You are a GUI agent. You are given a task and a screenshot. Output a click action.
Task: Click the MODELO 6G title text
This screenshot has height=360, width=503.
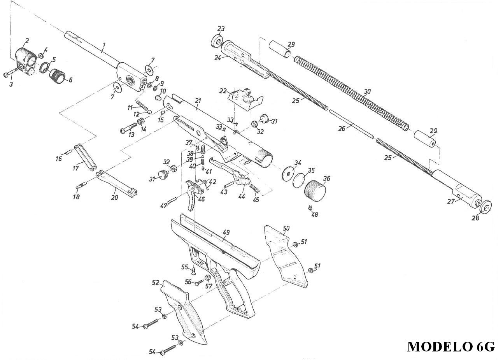pos(451,346)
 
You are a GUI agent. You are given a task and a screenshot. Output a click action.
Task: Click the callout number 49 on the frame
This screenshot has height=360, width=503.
pos(226,232)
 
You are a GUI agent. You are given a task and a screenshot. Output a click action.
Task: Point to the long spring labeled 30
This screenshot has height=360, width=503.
pos(351,93)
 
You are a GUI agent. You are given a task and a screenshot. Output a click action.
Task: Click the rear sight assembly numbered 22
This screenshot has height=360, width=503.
pos(245,100)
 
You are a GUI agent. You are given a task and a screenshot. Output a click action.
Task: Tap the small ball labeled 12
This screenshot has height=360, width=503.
pos(149,112)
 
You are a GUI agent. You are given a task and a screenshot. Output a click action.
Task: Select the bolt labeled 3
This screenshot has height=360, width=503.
pos(10,73)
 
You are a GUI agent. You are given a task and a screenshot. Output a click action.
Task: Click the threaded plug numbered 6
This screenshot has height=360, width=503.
pos(58,77)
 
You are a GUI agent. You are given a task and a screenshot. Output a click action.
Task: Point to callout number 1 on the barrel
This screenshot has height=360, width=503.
pos(103,46)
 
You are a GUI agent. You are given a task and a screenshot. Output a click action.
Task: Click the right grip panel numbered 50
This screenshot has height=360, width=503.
pos(286,256)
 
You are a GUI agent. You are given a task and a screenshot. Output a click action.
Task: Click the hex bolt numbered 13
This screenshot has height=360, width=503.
pos(128,128)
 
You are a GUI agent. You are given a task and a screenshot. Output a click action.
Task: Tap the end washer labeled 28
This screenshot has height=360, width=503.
pos(485,207)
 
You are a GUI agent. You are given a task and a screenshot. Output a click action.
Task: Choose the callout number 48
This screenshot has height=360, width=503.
pos(315,215)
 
